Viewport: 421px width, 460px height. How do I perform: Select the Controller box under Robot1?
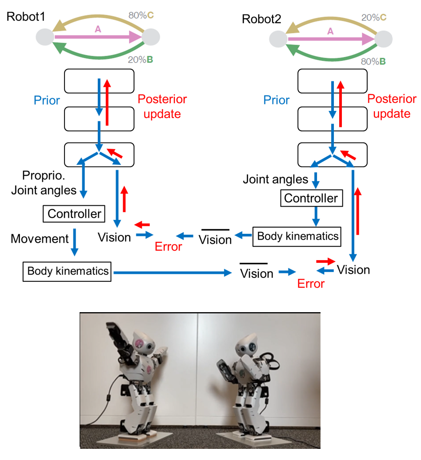pos(74,214)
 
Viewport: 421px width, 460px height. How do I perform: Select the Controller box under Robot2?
pos(311,198)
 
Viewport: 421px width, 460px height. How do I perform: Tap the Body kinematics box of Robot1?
pos(68,271)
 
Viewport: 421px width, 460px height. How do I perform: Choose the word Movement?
pos(40,239)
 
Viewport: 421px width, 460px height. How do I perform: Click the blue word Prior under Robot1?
pos(46,100)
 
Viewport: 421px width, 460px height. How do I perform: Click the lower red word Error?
pos(311,283)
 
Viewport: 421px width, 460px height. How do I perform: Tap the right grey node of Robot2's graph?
pos(383,39)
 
